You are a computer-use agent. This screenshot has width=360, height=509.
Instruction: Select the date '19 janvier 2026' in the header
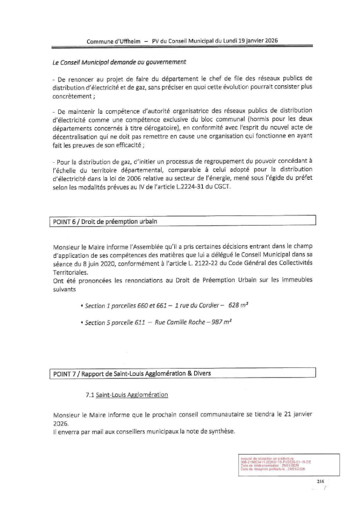point(255,41)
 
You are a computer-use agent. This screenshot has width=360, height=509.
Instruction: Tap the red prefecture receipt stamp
point(276,464)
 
